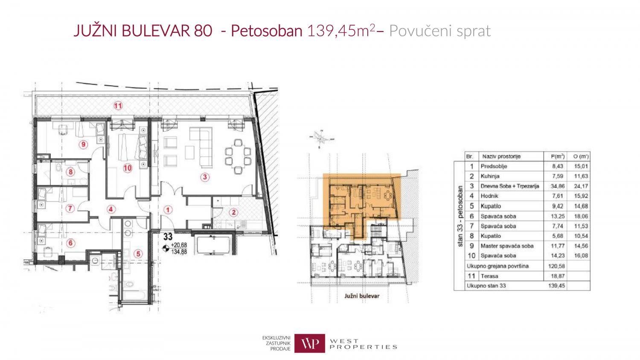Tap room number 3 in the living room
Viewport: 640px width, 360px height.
click(x=205, y=176)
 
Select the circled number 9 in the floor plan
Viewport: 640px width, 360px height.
click(x=83, y=144)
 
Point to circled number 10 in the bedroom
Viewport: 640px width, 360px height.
click(x=127, y=168)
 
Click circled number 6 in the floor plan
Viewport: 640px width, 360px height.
click(x=71, y=243)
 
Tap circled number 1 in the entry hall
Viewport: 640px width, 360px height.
click(x=168, y=209)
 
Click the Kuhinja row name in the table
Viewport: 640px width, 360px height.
click(x=490, y=176)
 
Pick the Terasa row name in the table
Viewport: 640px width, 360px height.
click(x=489, y=276)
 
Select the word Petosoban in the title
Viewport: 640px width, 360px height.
click(x=266, y=31)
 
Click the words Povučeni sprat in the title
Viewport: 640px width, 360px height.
click(x=440, y=31)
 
